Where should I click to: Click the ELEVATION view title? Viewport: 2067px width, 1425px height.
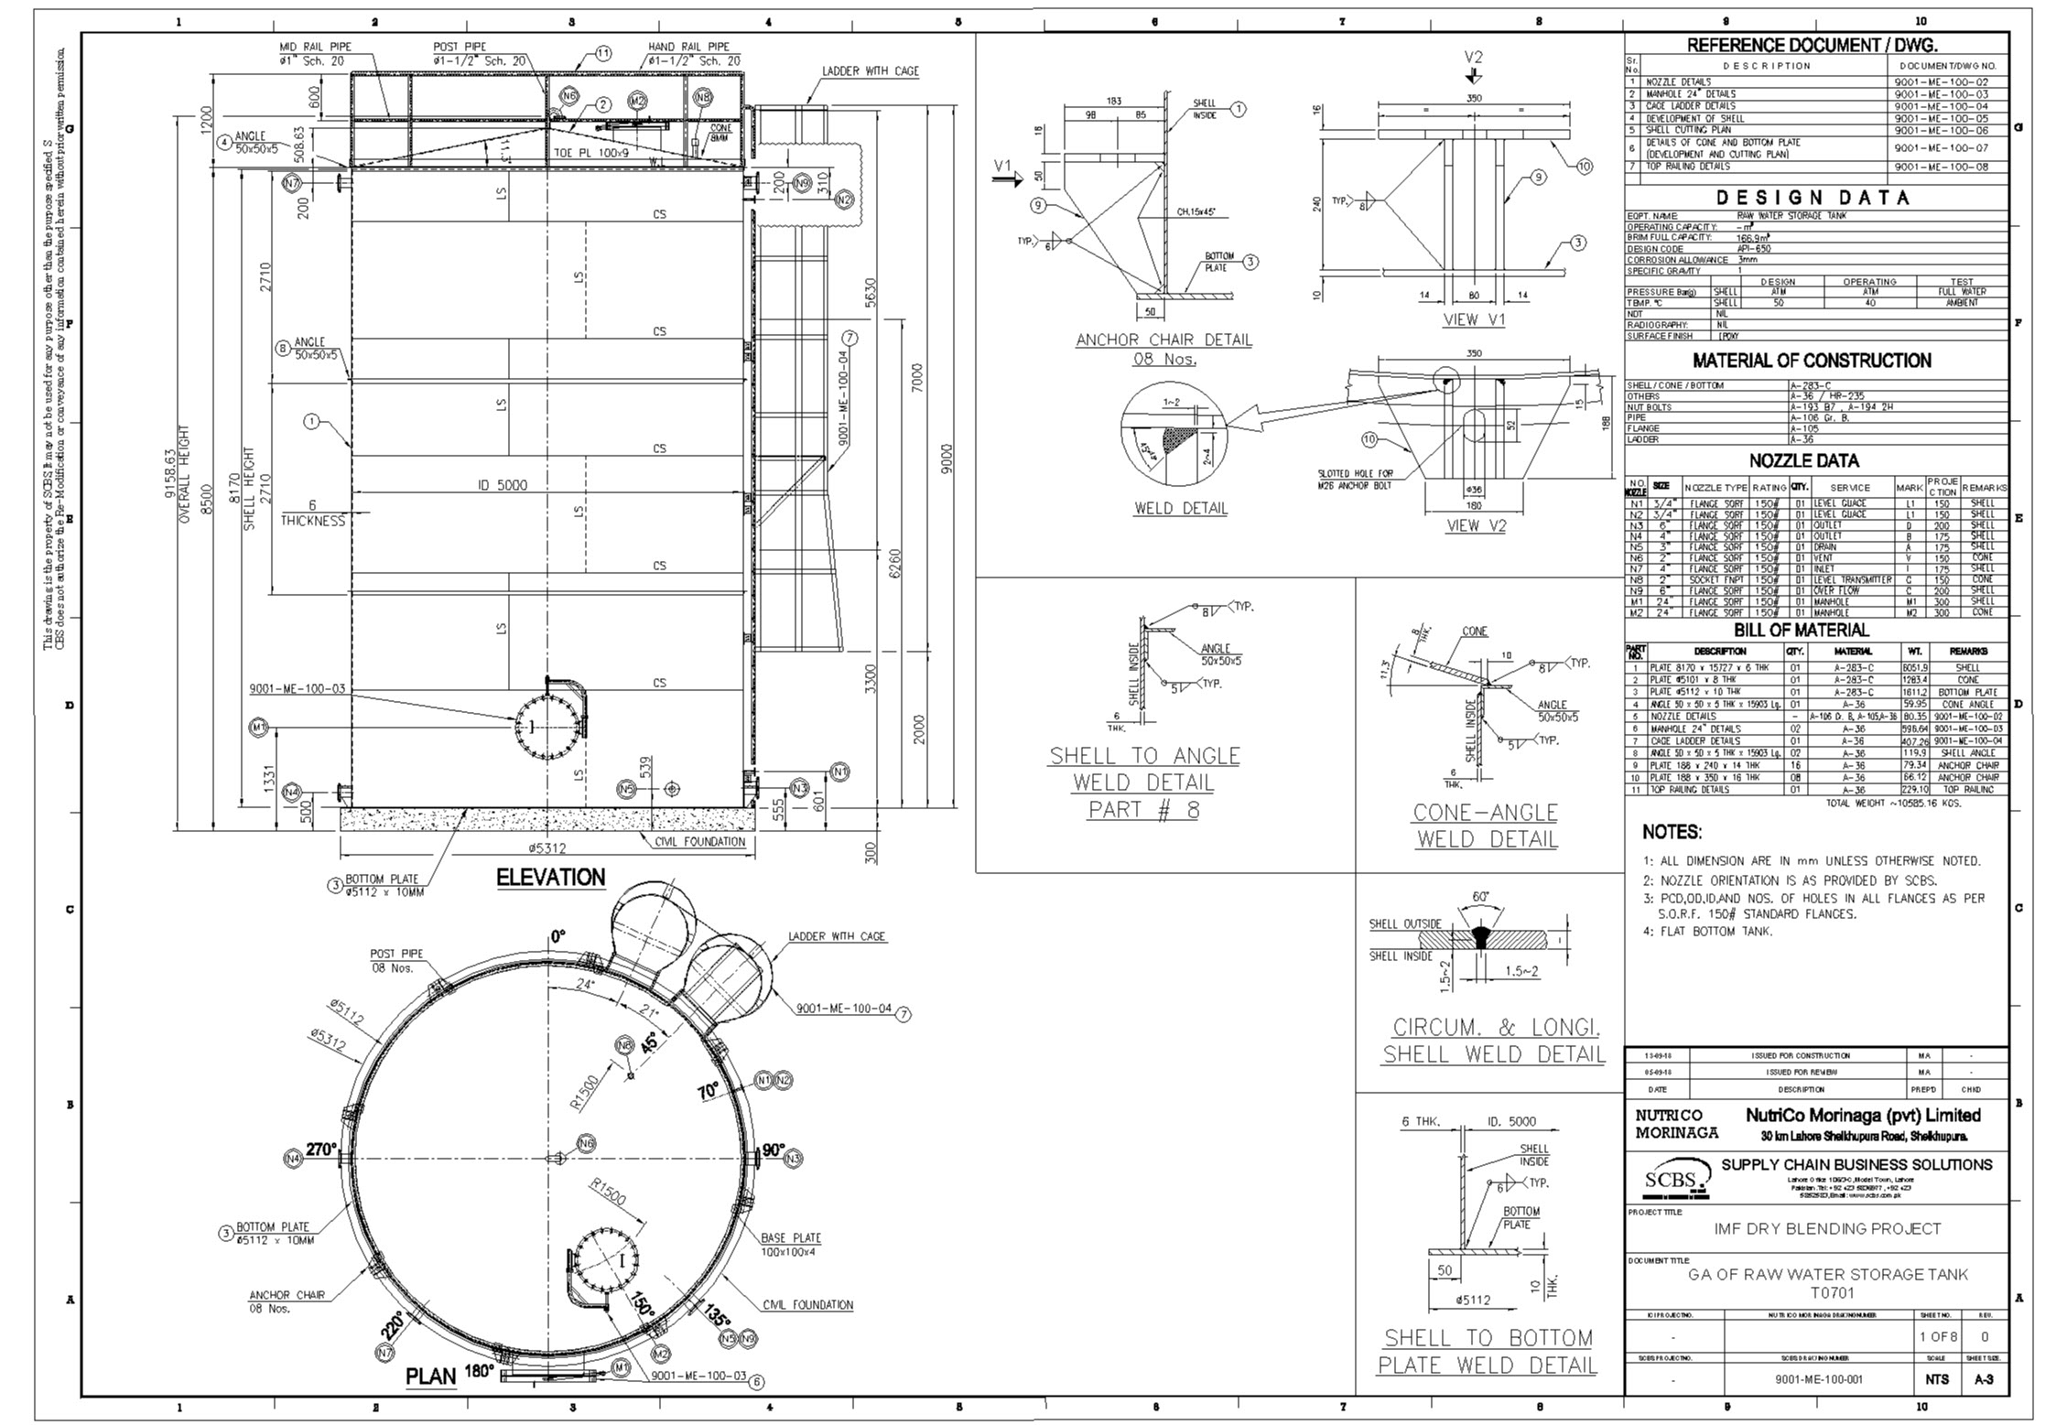tap(550, 877)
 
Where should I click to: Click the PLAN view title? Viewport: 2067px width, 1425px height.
tap(430, 1376)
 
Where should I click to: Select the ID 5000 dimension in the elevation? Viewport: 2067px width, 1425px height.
tap(503, 485)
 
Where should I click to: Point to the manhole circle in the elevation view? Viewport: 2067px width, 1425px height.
tap(547, 726)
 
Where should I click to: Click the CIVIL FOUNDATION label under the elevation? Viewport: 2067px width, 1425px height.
tap(700, 841)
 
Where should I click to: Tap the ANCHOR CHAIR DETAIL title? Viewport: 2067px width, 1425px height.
tap(1163, 340)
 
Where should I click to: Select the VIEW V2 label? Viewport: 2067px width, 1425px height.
tap(1476, 525)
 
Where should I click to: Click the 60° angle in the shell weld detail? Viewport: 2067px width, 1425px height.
tap(1480, 896)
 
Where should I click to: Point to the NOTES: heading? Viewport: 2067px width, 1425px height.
tap(1671, 832)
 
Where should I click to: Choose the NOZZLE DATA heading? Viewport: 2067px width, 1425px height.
tap(1803, 460)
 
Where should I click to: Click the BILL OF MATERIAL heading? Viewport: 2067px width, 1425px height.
tap(1801, 630)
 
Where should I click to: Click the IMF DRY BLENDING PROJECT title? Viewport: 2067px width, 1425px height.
tap(1826, 1228)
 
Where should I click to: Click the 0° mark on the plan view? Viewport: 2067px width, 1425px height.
tap(557, 936)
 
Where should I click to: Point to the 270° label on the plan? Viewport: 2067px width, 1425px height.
tap(321, 1150)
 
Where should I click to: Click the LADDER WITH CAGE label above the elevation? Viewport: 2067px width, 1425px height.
tap(870, 70)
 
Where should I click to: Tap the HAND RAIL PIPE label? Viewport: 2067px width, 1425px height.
tap(688, 47)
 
